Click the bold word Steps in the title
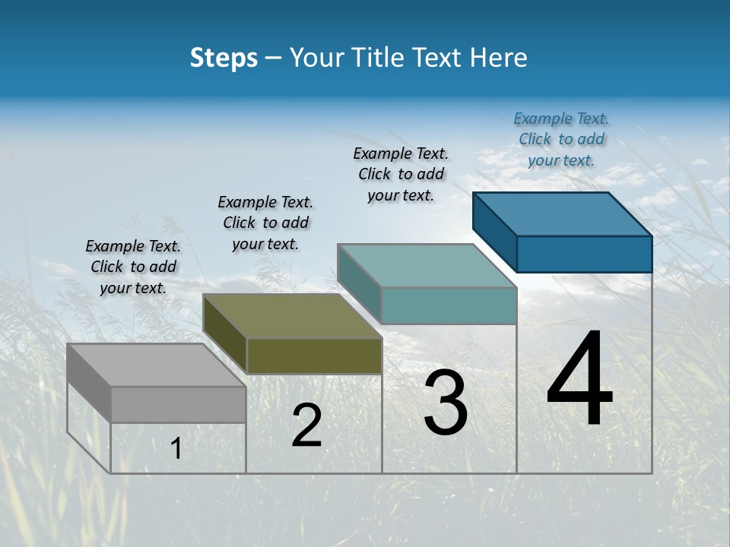pos(224,58)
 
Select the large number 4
pos(579,379)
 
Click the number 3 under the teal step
pos(446,403)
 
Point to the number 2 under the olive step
pos(306,426)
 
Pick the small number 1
pos(176,449)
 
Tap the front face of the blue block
pos(584,254)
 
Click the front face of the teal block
pos(449,305)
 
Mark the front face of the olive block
pos(314,356)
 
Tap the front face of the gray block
pos(179,404)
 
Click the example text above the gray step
pos(133,267)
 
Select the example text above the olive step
pos(265,223)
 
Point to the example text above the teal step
pos(401,174)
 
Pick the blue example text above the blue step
pos(561,139)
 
